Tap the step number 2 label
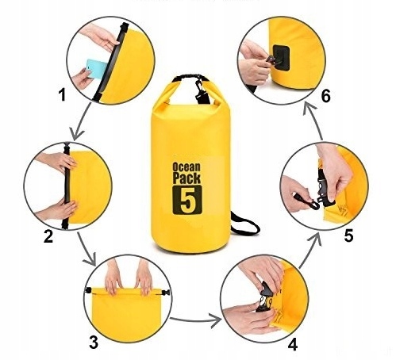click(x=48, y=236)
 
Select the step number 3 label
click(x=94, y=343)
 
